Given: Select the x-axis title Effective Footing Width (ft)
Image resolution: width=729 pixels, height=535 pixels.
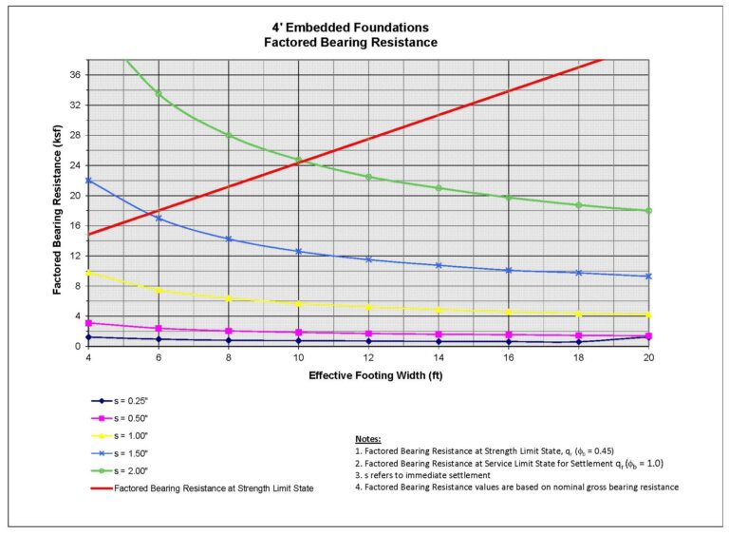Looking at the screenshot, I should point(369,374).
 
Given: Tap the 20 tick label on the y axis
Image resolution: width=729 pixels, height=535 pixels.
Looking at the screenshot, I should point(74,195).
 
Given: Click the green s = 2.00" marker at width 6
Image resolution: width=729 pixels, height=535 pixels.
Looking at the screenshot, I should point(159,94).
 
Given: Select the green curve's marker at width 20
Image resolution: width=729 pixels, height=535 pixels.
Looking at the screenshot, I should point(648,211).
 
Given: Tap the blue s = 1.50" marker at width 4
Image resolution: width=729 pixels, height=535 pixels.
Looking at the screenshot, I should point(88,181).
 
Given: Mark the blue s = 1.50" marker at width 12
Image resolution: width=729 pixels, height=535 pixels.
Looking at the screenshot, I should point(368,259).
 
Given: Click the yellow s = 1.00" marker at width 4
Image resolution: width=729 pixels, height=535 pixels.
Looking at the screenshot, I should point(88,273).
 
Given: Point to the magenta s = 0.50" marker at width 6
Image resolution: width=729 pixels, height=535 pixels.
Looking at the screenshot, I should point(159,329).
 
